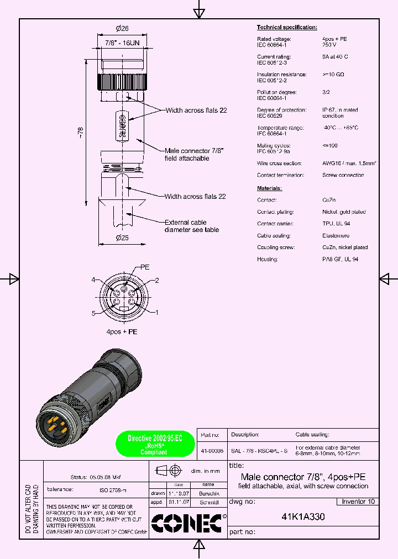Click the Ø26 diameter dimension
tap(122, 29)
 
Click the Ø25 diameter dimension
tap(122, 238)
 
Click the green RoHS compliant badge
tap(154, 444)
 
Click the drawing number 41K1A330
tap(303, 518)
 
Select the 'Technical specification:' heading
tap(287, 27)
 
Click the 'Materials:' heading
tap(269, 188)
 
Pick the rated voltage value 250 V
tap(330, 45)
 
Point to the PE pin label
tap(145, 267)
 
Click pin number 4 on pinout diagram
tap(94, 280)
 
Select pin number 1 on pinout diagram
tap(156, 313)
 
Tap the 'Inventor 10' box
tap(358, 502)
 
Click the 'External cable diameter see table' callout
tap(191, 226)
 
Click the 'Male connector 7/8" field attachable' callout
tap(194, 154)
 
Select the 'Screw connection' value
tap(343, 175)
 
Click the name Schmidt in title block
tap(208, 503)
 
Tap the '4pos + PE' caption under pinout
tap(122, 331)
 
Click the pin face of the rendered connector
tap(54, 424)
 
